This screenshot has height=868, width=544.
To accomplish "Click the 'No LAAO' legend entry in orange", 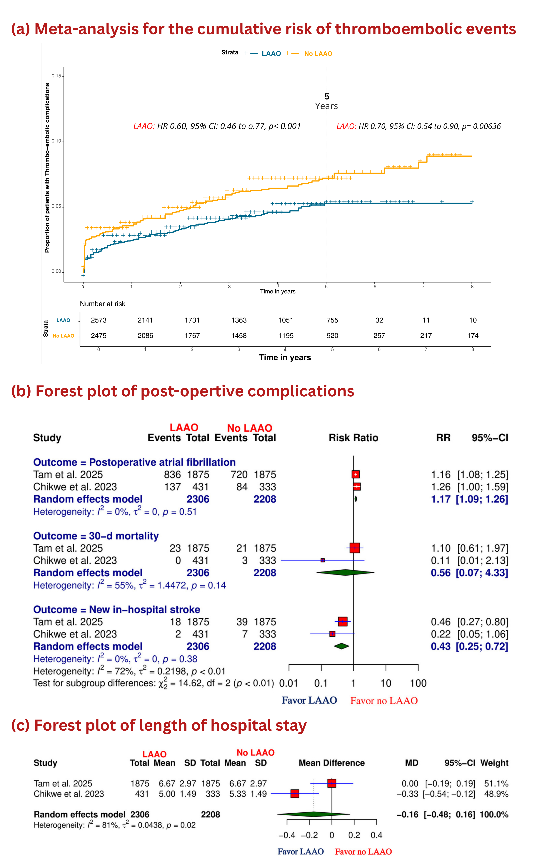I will pyautogui.click(x=318, y=54).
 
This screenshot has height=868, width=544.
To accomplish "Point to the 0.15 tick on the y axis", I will pyautogui.click(x=56, y=76).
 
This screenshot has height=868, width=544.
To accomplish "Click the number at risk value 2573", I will pyautogui.click(x=99, y=320).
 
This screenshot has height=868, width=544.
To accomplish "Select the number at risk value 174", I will pyautogui.click(x=473, y=336).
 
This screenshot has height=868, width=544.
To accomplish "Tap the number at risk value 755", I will pyautogui.click(x=332, y=320).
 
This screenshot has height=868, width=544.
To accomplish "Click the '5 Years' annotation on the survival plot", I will pyautogui.click(x=326, y=101).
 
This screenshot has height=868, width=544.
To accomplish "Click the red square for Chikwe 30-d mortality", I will pyautogui.click(x=323, y=560).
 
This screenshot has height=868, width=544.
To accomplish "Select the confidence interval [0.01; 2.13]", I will pyautogui.click(x=483, y=560).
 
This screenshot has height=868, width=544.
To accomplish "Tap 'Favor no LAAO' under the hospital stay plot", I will pyautogui.click(x=363, y=852).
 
